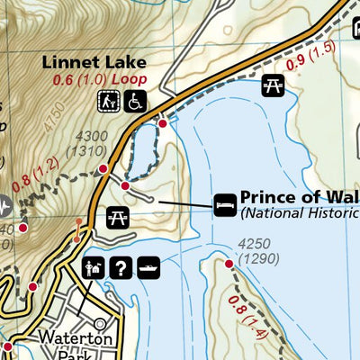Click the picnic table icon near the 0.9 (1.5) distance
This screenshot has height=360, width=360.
[274, 86]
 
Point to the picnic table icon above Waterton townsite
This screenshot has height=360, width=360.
[116, 216]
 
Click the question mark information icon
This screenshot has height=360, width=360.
[120, 266]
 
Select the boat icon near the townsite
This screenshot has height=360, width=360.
[148, 266]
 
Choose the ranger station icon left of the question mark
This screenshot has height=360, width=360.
[93, 266]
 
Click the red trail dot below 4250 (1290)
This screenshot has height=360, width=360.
[229, 264]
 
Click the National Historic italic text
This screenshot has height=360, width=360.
[298, 213]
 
